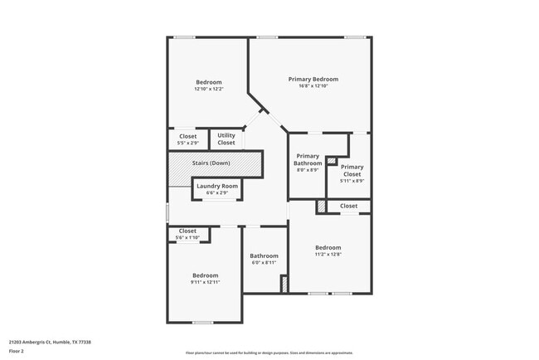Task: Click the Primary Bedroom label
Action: (x=313, y=80)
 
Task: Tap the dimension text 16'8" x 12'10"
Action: (x=313, y=86)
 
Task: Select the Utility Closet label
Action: (x=226, y=139)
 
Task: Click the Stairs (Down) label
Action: (x=211, y=163)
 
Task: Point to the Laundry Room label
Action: (x=218, y=187)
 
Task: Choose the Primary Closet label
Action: (x=352, y=171)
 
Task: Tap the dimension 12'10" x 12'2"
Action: (x=208, y=89)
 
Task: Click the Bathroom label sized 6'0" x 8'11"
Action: (x=264, y=256)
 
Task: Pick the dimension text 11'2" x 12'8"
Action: (x=328, y=255)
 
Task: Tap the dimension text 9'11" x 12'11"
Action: (x=205, y=282)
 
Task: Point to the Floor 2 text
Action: (x=17, y=351)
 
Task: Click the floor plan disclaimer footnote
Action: (x=269, y=353)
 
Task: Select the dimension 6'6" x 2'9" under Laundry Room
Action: (x=218, y=193)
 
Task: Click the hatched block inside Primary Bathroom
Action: (x=331, y=160)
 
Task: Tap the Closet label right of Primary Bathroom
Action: (x=348, y=206)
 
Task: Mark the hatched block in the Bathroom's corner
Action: (x=284, y=284)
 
